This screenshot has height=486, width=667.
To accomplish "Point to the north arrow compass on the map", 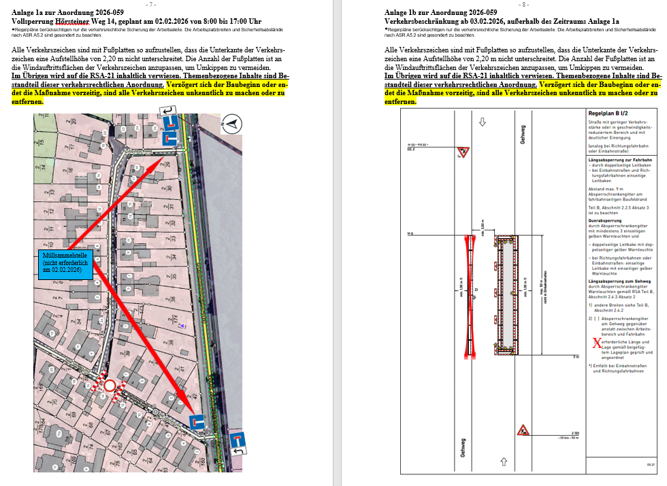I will (x=230, y=124).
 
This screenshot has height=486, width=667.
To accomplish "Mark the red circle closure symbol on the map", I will (x=110, y=386).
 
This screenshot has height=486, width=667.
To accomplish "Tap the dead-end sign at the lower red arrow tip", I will (x=196, y=422).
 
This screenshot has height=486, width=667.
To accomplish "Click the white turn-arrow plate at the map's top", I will (x=167, y=111).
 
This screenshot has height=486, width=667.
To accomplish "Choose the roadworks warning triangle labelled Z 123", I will (x=523, y=430).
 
